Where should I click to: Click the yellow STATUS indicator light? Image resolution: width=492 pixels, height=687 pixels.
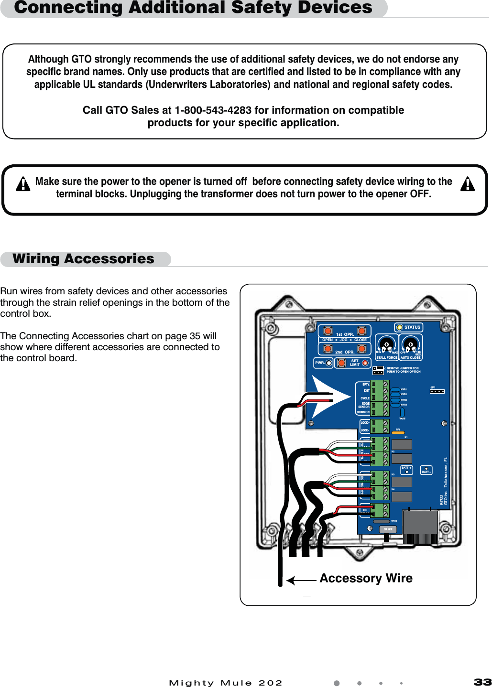[400, 327]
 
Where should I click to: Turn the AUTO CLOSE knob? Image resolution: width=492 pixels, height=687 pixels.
[410, 344]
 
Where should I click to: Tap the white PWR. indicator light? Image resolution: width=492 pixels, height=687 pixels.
[329, 363]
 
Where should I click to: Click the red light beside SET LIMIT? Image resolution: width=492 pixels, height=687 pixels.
[365, 363]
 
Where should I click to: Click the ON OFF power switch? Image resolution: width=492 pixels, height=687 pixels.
[388, 529]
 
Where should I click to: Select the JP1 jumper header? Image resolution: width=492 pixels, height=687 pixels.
[437, 391]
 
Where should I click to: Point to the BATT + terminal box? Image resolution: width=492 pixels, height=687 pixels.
[406, 470]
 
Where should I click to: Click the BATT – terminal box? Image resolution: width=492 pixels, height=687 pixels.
[426, 470]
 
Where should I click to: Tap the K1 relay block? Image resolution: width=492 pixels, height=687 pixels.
[402, 444]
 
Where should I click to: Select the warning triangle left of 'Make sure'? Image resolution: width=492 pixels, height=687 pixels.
[22, 184]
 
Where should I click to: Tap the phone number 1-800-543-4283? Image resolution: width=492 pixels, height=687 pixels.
[213, 110]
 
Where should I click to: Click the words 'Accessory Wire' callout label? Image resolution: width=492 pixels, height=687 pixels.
[366, 579]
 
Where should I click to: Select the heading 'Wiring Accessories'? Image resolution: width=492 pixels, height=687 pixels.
[84, 259]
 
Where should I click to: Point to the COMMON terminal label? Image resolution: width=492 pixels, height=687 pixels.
[363, 412]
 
